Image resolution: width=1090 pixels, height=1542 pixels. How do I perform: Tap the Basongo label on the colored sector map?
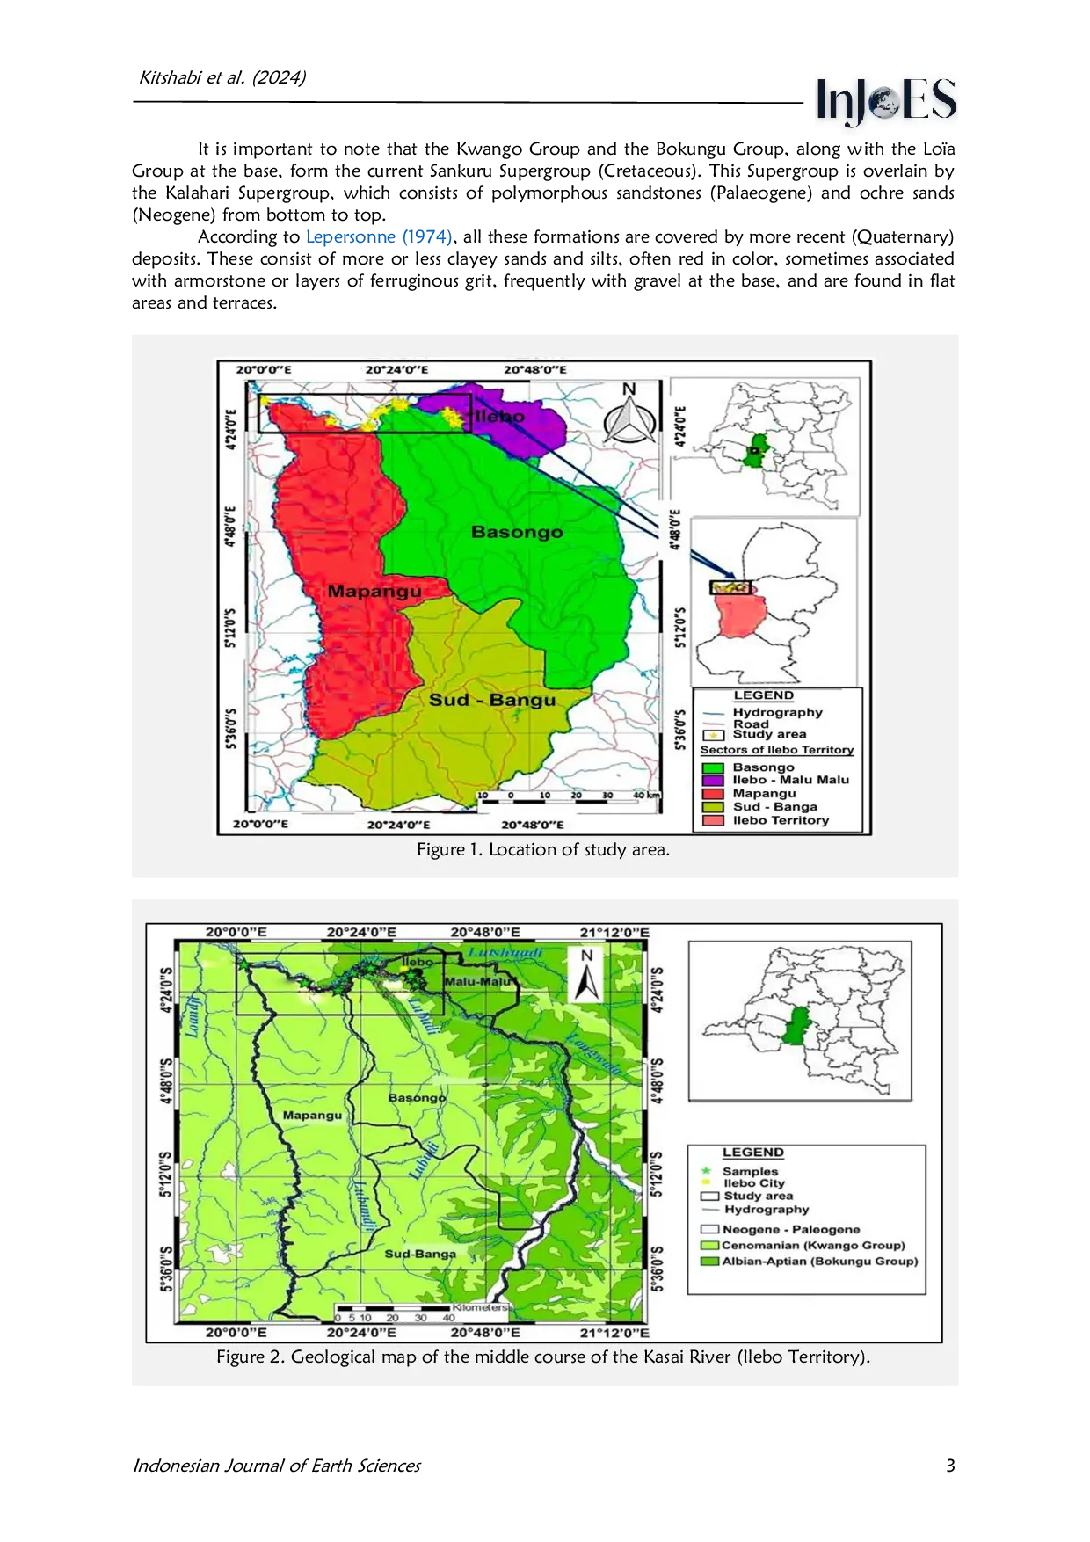(x=517, y=532)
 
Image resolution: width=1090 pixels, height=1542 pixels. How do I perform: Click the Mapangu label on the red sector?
(x=374, y=592)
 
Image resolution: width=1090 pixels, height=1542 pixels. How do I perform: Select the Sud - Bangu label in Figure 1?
(x=492, y=701)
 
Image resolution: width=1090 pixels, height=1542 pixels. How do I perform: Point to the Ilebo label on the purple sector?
(x=500, y=417)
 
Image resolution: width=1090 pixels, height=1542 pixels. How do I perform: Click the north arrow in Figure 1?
(x=628, y=416)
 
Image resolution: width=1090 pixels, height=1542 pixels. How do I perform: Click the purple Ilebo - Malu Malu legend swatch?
(x=714, y=780)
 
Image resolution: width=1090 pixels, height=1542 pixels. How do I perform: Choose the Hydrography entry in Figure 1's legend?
(x=777, y=712)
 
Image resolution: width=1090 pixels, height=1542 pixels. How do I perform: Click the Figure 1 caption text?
(x=543, y=850)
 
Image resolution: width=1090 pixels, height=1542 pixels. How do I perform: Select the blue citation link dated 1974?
(x=379, y=236)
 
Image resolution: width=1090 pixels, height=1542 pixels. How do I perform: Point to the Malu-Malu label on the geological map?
(x=477, y=982)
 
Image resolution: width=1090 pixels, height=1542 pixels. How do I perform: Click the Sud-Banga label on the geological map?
(x=420, y=1254)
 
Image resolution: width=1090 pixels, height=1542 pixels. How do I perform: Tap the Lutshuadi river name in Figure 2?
(x=505, y=953)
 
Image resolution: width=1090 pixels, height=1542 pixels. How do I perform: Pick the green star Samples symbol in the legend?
(x=705, y=1171)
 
